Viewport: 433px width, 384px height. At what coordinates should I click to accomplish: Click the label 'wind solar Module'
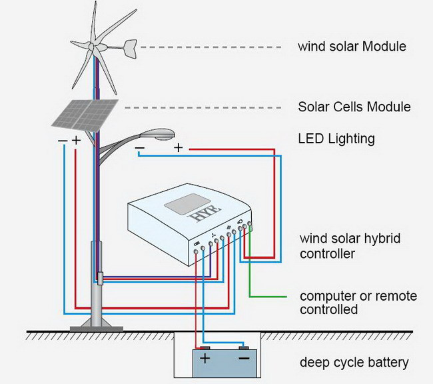(x=352, y=47)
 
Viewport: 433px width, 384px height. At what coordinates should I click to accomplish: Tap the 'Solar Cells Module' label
(x=354, y=107)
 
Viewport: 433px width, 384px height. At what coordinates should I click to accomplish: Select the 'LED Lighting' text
(x=336, y=139)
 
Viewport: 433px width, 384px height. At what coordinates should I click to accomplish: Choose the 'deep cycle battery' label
(x=354, y=363)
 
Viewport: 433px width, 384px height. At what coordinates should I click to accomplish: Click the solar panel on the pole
(x=86, y=114)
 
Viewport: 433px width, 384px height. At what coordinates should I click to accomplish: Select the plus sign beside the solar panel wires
(x=76, y=140)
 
